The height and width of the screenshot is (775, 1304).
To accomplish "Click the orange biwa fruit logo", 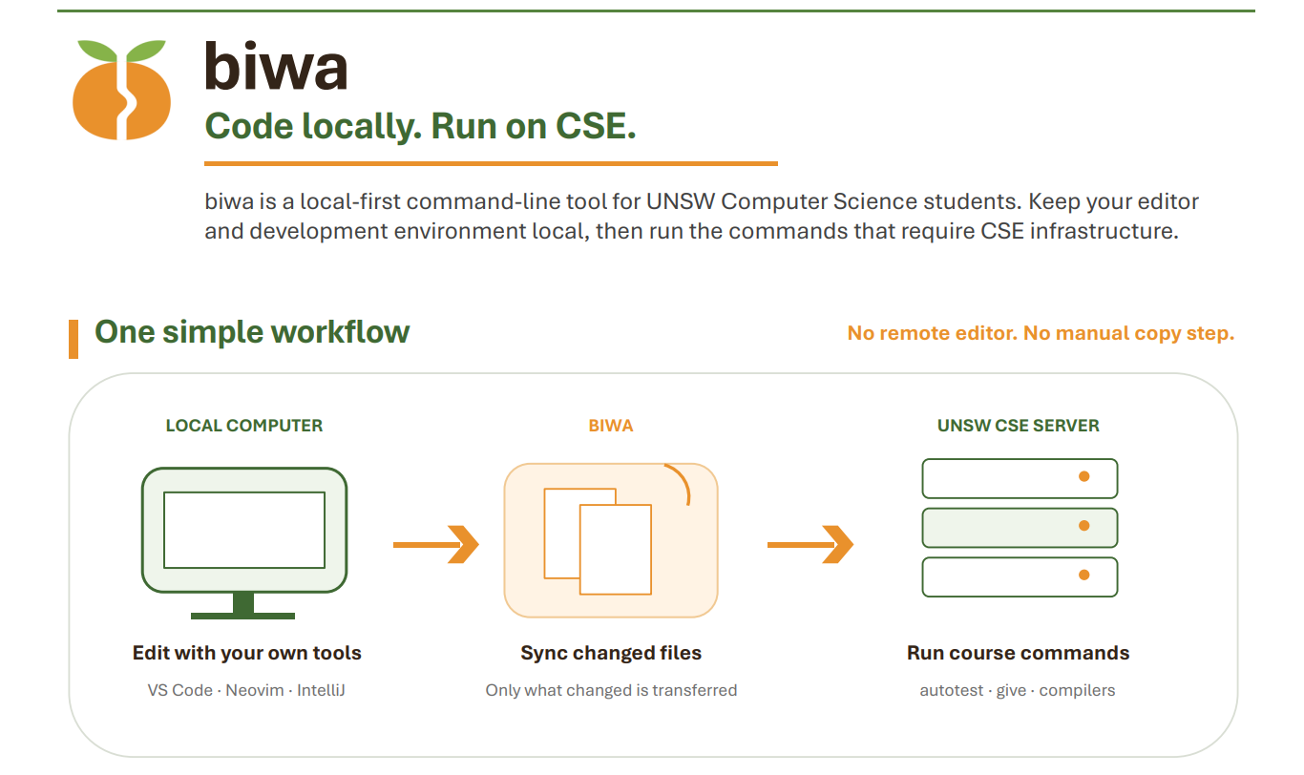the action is point(121,90).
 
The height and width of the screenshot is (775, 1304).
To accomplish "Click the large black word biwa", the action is point(276,66).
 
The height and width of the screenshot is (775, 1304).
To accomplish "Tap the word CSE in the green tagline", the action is point(596,126).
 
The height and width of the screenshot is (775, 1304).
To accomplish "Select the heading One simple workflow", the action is point(252,332).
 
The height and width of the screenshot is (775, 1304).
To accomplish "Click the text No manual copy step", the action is point(1128,333).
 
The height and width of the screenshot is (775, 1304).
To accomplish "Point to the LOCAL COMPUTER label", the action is point(244,426).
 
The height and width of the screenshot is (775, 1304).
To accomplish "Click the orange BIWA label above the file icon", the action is point(611,426).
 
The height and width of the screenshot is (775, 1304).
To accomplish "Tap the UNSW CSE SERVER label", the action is point(1019,426).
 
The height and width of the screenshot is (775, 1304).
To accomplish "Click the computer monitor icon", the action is point(244,543).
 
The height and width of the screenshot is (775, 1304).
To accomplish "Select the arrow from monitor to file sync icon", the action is point(436,545).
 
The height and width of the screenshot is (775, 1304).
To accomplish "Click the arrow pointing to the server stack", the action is point(810,545).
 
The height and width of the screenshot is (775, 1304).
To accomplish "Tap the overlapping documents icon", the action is point(598,541).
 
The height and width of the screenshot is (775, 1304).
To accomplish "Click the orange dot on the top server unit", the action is point(1083,476).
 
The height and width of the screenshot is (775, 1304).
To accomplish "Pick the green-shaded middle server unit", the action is point(1020,528).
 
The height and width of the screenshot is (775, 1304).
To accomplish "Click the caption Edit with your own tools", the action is point(247,654).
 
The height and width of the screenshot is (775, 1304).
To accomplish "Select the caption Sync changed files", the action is point(611,654).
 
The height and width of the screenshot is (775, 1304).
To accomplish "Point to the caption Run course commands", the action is point(1019,654).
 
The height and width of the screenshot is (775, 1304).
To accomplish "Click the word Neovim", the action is point(254,691).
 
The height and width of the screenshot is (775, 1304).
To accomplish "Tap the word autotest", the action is point(951,691).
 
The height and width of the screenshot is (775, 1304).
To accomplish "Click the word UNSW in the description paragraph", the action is point(680,202).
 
